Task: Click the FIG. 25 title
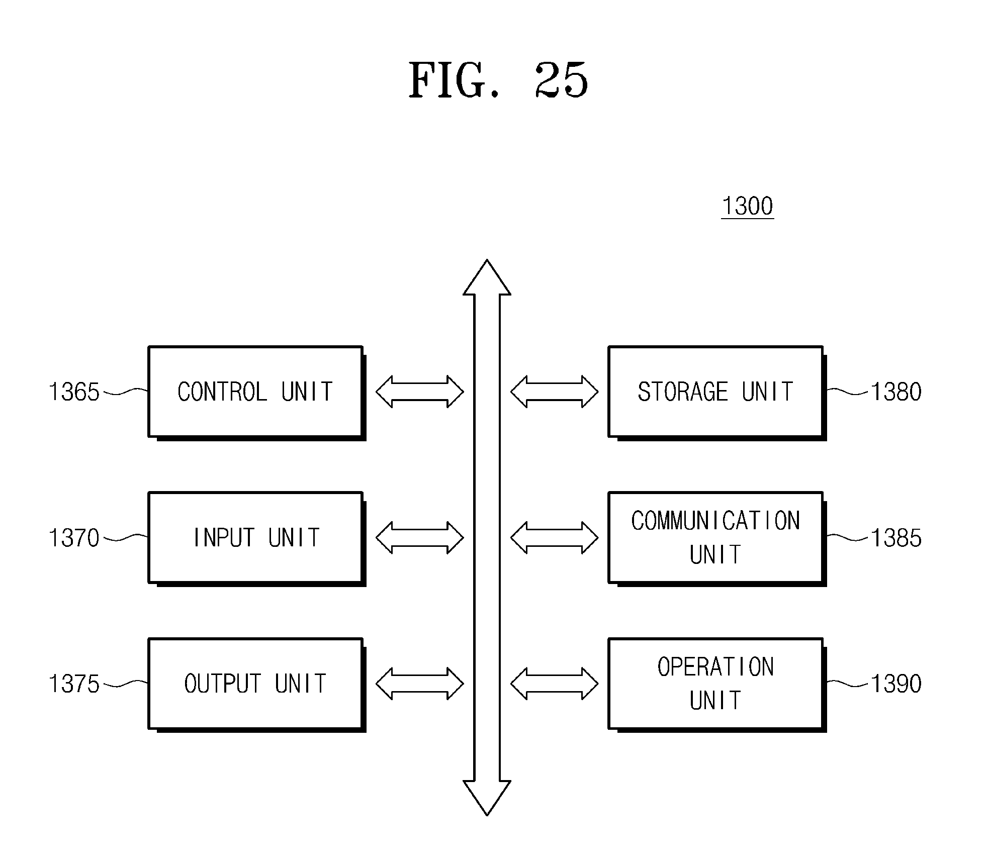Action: pos(498,80)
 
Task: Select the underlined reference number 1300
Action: pos(747,206)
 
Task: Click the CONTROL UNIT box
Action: pos(256,393)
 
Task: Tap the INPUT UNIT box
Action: pos(256,538)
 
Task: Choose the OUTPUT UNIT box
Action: pos(256,684)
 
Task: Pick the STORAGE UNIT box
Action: pos(716,393)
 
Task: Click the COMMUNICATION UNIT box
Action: pos(716,538)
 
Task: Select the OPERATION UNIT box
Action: pos(716,684)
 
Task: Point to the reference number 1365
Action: pos(74,392)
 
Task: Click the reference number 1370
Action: pos(74,538)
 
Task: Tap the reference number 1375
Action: pos(74,684)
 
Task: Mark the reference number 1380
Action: pos(896,392)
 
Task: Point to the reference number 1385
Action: pos(896,538)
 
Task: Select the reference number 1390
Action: pos(896,684)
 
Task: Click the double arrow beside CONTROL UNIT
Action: pos(419,392)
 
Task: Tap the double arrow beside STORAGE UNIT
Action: pos(554,392)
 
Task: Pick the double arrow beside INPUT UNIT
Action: pos(419,538)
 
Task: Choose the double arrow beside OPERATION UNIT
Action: pos(554,684)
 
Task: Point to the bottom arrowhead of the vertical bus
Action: pos(487,798)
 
